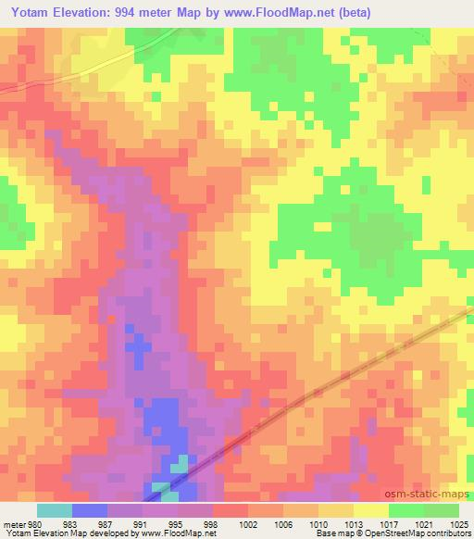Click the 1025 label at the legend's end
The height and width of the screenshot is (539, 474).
pyautogui.click(x=459, y=523)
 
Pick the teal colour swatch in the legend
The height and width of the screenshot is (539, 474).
pyautogui.click(x=55, y=510)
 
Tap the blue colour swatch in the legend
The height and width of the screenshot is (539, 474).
pyautogui.click(x=90, y=510)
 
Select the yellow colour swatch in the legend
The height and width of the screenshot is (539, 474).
pyautogui.click(x=370, y=510)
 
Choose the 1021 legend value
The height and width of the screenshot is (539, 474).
pyautogui.click(x=425, y=523)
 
